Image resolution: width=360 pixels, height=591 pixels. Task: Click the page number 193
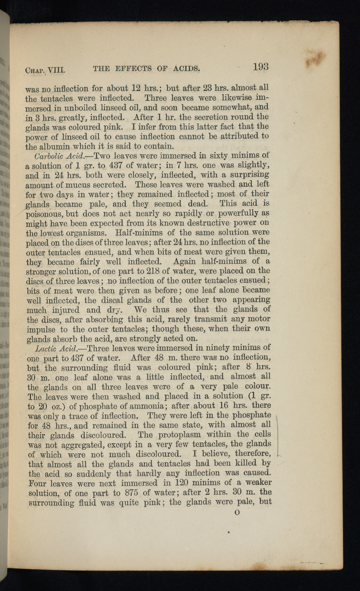261,67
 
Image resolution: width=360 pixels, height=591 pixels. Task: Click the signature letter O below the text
237,512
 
